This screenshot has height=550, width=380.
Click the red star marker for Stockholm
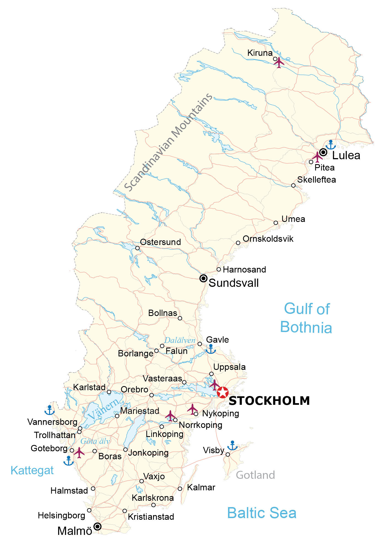(x=222, y=392)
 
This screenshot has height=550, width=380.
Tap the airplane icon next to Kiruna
(x=279, y=62)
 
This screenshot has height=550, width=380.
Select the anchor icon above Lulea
(x=330, y=145)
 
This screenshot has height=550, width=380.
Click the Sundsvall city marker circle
(x=203, y=279)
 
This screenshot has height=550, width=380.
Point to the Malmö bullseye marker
(x=97, y=527)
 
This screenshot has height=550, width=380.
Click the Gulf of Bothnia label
(x=306, y=318)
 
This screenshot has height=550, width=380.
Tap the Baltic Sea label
(x=262, y=513)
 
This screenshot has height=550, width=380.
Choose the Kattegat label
(x=32, y=471)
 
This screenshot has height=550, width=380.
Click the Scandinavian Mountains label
(x=169, y=142)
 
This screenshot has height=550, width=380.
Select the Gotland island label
(x=255, y=475)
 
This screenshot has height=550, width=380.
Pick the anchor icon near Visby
(x=232, y=446)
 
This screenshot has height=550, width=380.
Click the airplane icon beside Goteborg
(x=79, y=453)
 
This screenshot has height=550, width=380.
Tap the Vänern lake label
(x=104, y=409)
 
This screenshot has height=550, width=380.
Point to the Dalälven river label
(x=180, y=340)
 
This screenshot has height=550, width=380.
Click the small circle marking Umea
(x=276, y=223)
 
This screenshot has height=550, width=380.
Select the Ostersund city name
(x=161, y=242)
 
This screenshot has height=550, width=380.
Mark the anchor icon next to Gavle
(x=211, y=349)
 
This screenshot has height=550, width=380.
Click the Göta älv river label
(x=95, y=441)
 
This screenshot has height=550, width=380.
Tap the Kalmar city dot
(x=180, y=489)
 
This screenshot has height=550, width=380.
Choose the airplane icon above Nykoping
(x=192, y=409)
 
